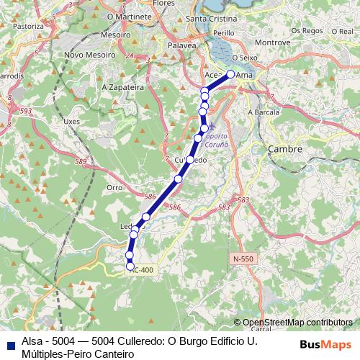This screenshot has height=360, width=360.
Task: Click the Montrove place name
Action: pyautogui.click(x=273, y=42)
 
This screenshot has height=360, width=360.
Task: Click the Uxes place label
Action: pyautogui.click(x=71, y=122)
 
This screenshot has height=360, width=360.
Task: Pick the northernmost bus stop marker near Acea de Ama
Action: pyautogui.click(x=230, y=73)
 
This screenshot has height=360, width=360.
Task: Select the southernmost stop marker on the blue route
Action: pyautogui.click(x=130, y=266)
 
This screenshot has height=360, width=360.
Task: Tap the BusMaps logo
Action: pyautogui.click(x=326, y=343)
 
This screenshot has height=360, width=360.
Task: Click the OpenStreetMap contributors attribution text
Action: pyautogui.click(x=297, y=323)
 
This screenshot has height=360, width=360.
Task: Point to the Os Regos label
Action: pyautogui.click(x=307, y=31)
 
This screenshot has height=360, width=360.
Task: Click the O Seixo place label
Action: pyautogui.click(x=244, y=57)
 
